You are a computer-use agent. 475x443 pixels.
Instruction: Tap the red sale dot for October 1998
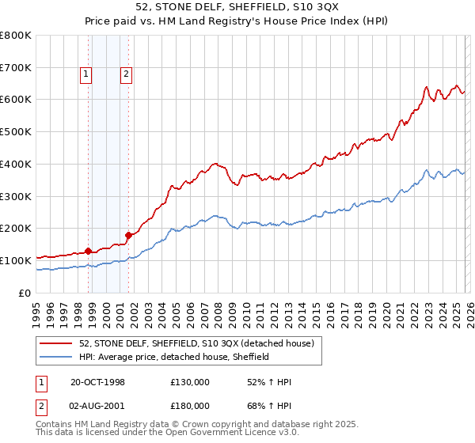88,251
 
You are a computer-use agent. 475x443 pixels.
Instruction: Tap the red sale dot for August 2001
127,234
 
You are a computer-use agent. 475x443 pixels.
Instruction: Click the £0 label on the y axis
25,293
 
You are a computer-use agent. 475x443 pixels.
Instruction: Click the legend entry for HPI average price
174,357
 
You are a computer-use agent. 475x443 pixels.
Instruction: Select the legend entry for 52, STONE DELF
196,343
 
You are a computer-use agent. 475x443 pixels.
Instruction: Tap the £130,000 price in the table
190,383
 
